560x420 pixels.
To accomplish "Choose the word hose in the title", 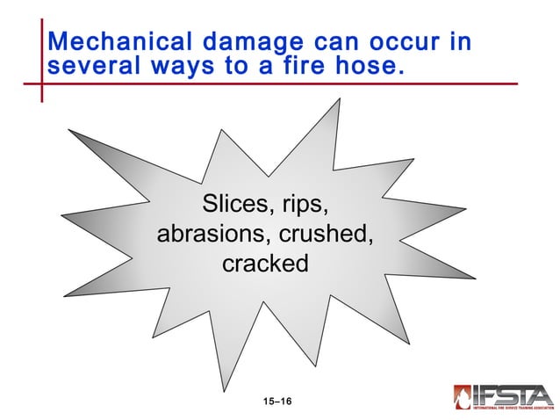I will [368, 66].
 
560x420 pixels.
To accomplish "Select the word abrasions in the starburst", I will [213, 235].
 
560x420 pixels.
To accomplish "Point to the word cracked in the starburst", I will [265, 263].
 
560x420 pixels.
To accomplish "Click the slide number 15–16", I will [277, 402].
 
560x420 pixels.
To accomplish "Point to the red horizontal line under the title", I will [263, 84].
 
